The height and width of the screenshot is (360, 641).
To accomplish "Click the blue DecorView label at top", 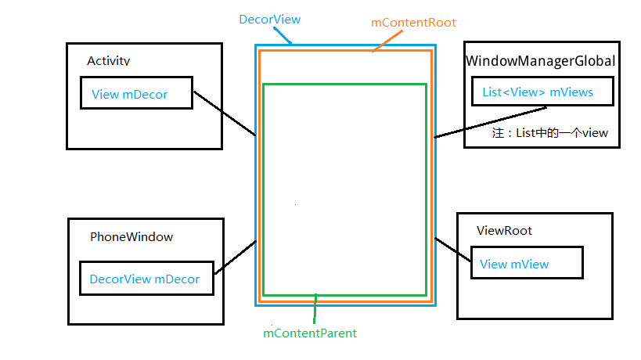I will (x=269, y=19).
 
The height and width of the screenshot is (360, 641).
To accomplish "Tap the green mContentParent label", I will (x=310, y=333).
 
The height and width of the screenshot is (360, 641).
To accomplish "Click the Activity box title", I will (x=109, y=60).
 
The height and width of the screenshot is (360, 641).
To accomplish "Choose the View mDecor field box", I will (x=135, y=94).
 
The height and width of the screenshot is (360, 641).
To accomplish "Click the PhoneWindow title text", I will (x=131, y=236).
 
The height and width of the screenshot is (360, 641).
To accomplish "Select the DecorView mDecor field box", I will (x=146, y=279).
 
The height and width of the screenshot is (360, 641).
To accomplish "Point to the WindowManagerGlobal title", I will (x=541, y=60).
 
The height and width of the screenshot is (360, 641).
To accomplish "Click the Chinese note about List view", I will (x=549, y=133).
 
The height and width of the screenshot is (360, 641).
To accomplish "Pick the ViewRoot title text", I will (x=504, y=231).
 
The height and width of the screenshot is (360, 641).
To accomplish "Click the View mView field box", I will (x=526, y=263).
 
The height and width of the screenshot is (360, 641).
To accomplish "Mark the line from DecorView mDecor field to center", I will (x=235, y=257).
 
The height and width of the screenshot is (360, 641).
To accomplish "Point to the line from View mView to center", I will (x=452, y=251).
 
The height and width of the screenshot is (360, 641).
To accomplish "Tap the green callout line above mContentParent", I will (x=315, y=308).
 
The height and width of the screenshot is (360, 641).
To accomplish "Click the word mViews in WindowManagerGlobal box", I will (x=571, y=92).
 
